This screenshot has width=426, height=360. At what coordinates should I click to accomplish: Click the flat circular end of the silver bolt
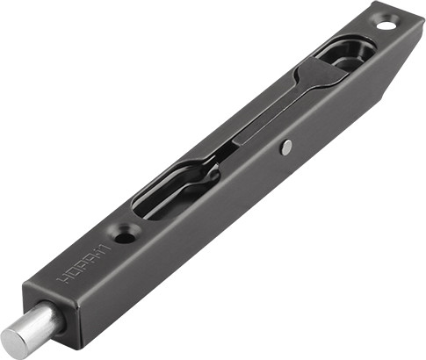(x=15, y=337)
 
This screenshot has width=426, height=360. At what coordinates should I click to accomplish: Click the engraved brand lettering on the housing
(x=83, y=263)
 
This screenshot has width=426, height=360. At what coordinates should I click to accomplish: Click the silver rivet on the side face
(x=286, y=148)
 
